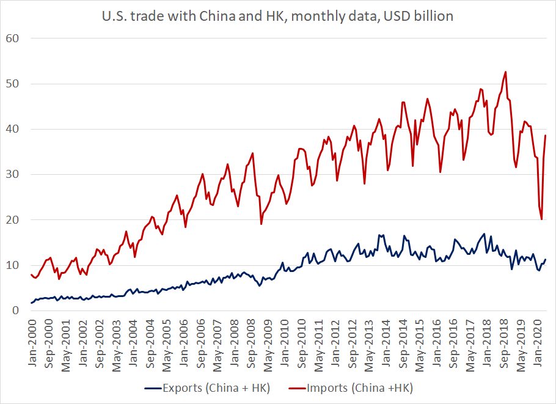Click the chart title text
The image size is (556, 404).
(277, 17)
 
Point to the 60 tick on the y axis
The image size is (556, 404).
(13, 39)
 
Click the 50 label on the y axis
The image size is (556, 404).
(13, 84)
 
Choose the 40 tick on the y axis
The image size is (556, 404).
(13, 129)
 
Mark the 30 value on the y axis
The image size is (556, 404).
(13, 174)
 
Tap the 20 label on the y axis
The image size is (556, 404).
(13, 219)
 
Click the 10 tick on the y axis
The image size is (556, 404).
(13, 265)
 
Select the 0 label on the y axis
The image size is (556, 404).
(16, 310)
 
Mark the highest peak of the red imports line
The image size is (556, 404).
(506, 72)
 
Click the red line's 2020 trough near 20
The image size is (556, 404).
(542, 219)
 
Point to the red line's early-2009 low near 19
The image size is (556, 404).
(262, 224)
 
